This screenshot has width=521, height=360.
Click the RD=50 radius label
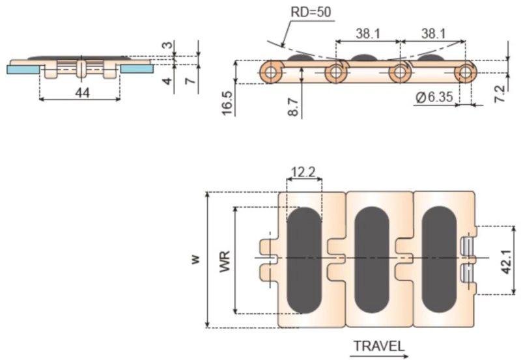click(311, 12)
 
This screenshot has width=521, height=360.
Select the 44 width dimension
click(83, 93)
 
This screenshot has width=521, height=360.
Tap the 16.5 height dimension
click(227, 103)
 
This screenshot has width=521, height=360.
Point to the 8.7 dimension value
click(293, 107)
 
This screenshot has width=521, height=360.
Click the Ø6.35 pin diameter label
click(434, 97)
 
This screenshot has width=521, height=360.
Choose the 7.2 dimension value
click(500, 94)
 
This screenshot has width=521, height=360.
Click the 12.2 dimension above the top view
click(303, 172)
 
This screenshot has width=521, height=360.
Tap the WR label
click(225, 262)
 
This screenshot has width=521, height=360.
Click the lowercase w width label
click(195, 259)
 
